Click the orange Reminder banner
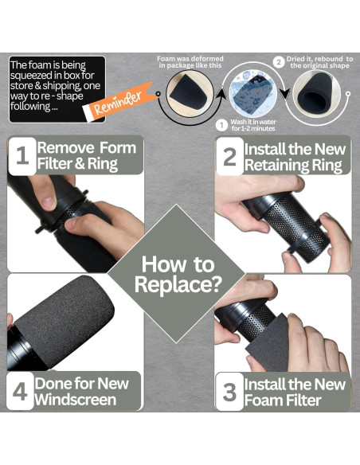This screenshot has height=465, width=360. tap(121, 102)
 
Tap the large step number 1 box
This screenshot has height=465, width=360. tap(22, 156)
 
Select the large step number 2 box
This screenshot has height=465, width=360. tap(230, 156)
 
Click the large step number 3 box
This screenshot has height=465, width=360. tap(230, 392)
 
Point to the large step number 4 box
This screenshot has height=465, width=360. tap(20, 392)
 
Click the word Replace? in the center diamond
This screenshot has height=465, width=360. tap(178, 284)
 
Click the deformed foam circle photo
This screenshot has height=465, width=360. tap(190, 93)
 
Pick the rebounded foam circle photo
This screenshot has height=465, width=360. tap(317, 93)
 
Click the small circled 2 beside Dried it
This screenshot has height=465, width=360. tap(279, 63)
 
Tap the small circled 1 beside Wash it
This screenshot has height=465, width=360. tap(221, 125)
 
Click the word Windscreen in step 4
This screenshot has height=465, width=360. tap(76, 399)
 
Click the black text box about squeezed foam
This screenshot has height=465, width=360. tap(57, 89)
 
